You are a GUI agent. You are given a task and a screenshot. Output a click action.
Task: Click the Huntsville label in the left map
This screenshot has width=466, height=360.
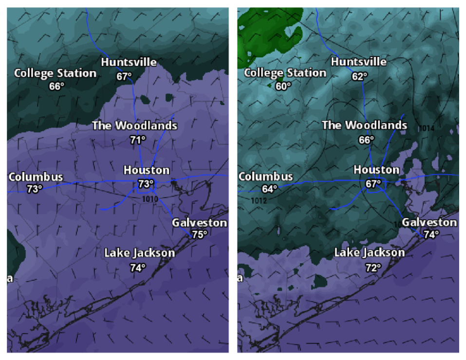click(129, 62)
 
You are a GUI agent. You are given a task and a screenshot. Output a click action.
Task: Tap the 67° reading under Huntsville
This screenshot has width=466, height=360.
click(124, 76)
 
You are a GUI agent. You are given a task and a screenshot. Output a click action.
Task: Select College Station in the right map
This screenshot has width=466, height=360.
click(285, 73)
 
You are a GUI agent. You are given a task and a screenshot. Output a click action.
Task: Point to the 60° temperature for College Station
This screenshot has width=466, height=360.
click(283, 86)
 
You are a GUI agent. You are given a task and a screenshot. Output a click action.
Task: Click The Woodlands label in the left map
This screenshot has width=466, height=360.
click(134, 126)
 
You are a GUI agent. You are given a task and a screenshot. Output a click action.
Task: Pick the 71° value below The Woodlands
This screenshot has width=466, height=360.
click(138, 140)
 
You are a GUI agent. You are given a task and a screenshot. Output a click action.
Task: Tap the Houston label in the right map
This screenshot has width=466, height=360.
click(376, 170)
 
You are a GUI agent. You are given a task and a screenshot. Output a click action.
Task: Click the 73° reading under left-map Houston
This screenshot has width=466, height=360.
click(146, 184)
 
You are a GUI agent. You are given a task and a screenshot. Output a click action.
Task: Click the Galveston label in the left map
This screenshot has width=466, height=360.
click(200, 223)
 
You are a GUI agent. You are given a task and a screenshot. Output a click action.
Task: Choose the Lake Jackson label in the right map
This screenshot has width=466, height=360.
click(370, 253)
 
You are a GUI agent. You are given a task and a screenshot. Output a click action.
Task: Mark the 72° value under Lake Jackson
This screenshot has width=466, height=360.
click(373, 267)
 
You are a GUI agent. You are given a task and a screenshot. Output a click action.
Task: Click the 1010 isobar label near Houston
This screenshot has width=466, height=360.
click(150, 199)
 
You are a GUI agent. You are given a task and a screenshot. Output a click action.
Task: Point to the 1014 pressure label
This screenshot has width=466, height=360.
click(426, 128)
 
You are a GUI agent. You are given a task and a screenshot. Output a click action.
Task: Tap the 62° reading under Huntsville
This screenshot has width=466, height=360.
click(360, 76)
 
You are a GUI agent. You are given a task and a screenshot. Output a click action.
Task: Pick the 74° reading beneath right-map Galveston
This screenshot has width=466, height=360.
click(431, 234)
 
